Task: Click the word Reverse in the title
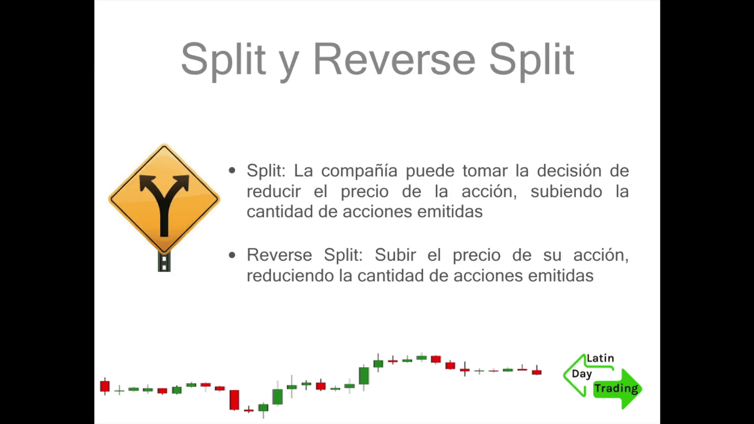tap(394, 60)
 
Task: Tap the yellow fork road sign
tap(164, 199)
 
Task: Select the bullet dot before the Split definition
tap(232, 171)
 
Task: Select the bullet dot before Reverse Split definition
tap(232, 255)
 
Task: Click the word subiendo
tap(566, 192)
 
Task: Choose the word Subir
tap(395, 255)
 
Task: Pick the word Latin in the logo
tap(600, 358)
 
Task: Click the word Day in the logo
tap(582, 374)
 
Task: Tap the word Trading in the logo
tap(616, 389)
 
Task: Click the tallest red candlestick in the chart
tap(234, 400)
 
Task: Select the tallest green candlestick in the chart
tap(364, 376)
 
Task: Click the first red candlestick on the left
tap(105, 386)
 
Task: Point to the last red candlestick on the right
tap(537, 371)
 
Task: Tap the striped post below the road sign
tap(164, 261)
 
